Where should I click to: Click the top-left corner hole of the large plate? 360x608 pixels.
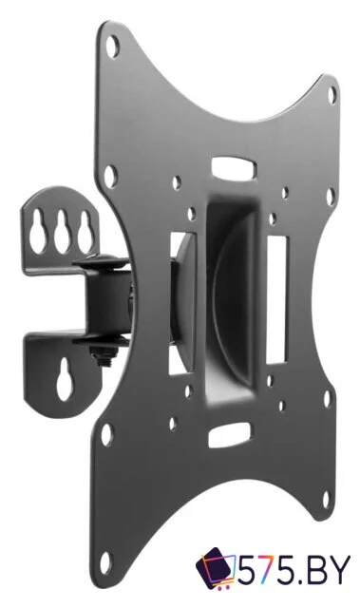point(112,47)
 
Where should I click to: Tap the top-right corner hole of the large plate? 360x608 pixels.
point(332,95)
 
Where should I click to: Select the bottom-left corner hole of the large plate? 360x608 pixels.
point(104,561)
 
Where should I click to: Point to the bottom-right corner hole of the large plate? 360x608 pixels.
point(327,501)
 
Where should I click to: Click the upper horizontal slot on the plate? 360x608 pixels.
point(234,167)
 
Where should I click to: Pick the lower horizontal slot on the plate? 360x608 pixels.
point(230,435)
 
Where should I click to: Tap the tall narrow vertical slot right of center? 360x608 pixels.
point(276,300)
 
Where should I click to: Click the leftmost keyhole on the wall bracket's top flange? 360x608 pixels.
point(38,232)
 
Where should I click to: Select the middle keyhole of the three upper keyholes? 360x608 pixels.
point(61,232)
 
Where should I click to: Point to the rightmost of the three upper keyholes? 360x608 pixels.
point(85,233)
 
